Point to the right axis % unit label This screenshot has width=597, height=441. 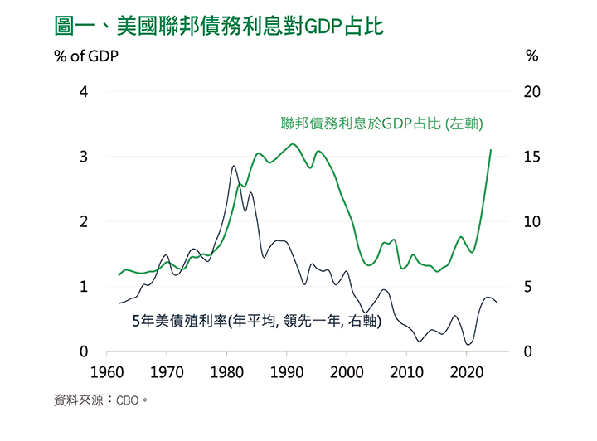click(532, 57)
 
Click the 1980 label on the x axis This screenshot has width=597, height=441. click(226, 371)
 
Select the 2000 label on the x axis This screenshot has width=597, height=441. click(347, 371)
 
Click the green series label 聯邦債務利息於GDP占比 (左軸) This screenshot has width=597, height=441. click(382, 124)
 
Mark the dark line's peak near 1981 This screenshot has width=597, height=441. click(233, 167)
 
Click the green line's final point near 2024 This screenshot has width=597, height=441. click(491, 150)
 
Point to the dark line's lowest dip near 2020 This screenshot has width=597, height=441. click(468, 344)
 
